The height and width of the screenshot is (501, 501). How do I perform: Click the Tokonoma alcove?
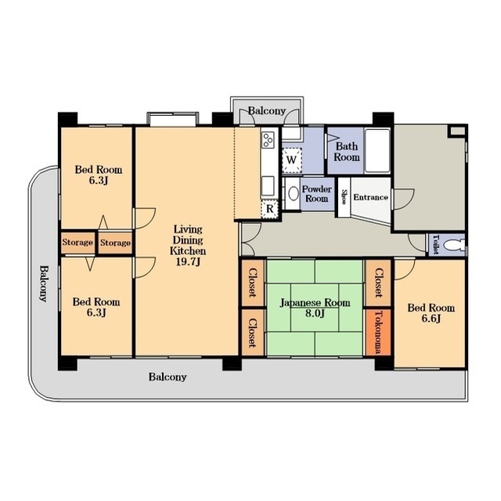click(x=378, y=332)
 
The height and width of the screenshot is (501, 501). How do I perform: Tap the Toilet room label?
click(x=435, y=244)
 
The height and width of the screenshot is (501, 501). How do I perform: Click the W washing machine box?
click(x=291, y=160)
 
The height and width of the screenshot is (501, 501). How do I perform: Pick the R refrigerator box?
click(x=270, y=209)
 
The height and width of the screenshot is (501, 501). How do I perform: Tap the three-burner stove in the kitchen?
click(x=268, y=139)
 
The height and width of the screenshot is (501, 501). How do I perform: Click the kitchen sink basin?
click(x=268, y=186)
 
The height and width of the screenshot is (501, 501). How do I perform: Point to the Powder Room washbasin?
click(x=293, y=193)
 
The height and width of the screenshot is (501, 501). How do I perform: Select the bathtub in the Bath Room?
click(x=377, y=150)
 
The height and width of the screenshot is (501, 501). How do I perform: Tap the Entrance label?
click(x=370, y=197)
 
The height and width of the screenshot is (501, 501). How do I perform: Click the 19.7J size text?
click(x=188, y=261)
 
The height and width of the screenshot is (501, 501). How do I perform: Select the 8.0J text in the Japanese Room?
click(x=315, y=313)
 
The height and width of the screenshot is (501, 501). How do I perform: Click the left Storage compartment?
click(x=77, y=242)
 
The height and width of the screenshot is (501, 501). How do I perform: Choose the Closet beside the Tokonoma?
click(x=378, y=283)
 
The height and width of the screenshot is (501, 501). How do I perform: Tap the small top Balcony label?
click(x=267, y=111)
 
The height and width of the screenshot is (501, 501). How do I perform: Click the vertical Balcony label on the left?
click(x=44, y=283)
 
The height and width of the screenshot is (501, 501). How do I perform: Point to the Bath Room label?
click(x=347, y=152)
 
